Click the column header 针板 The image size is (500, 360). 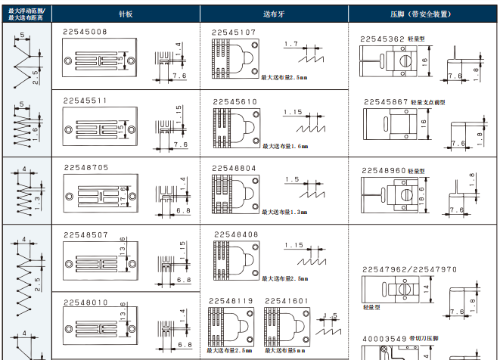[126, 14]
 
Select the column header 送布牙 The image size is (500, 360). [274, 14]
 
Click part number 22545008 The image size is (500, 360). [85, 32]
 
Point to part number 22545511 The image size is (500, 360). [85, 101]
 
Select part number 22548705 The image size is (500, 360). [85, 167]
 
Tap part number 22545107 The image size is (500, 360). [234, 33]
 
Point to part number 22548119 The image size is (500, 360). [231, 301]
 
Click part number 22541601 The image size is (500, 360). [287, 301]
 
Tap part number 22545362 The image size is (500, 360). [383, 37]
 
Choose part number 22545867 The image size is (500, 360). [386, 101]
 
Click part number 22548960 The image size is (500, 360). [384, 171]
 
